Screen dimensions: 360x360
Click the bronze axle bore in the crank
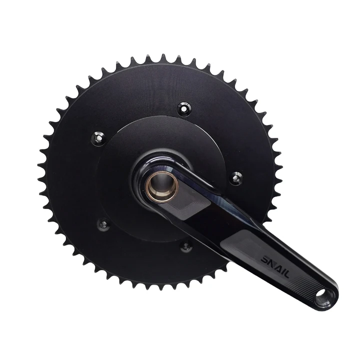point(162,186)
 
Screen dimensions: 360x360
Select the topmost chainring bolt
point(184,107)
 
